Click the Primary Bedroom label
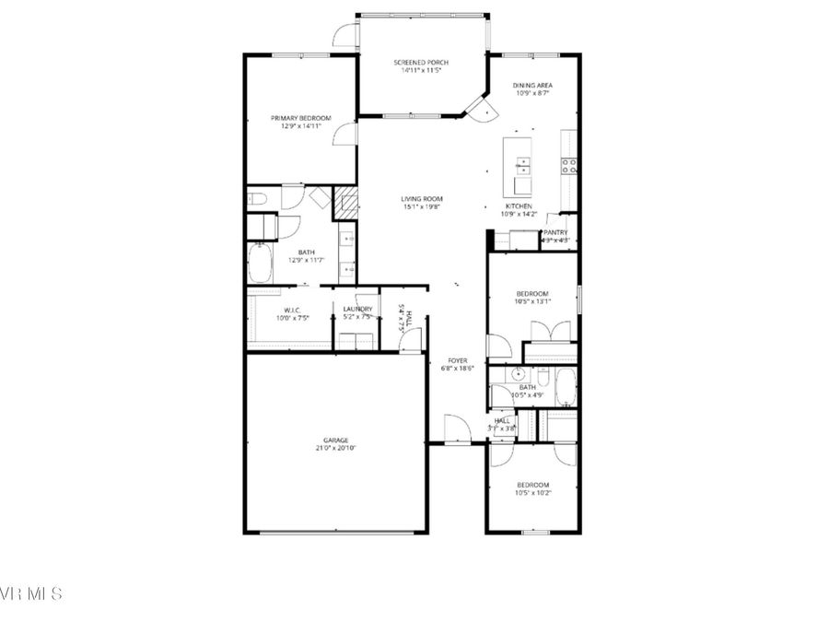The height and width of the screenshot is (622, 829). click(301, 118)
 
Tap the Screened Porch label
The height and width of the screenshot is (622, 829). click(421, 63)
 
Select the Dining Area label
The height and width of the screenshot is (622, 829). click(531, 86)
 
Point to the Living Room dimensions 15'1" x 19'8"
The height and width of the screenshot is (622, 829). click(421, 207)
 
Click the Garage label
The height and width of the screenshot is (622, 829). click(334, 440)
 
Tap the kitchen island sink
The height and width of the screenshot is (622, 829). click(522, 166)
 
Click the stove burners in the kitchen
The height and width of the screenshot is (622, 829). click(569, 166)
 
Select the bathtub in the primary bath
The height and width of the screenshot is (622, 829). click(259, 264)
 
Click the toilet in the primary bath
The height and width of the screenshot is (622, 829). click(257, 198)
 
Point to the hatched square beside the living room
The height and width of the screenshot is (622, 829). click(344, 202)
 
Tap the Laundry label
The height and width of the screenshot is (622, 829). click(357, 310)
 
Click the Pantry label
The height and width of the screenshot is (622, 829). click(555, 233)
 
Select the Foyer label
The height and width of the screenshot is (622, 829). click(459, 360)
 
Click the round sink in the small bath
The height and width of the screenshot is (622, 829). click(519, 375)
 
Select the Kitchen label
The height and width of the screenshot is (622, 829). click(519, 206)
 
